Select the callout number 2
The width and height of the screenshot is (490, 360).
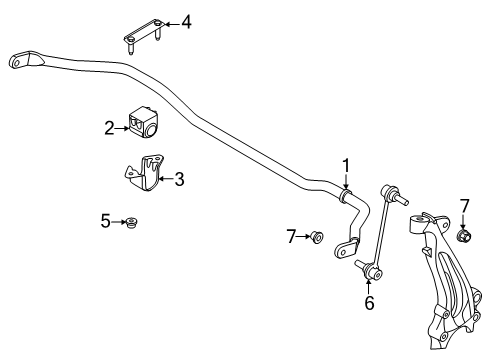pyautogui.click(x=109, y=128)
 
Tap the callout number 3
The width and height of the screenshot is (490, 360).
pyautogui.click(x=179, y=179)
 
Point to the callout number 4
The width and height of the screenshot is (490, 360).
pyautogui.click(x=186, y=23)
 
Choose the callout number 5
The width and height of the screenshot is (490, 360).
pyautogui.click(x=106, y=221)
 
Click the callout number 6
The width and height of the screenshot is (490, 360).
pyautogui.click(x=369, y=303)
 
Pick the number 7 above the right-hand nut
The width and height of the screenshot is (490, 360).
pyautogui.click(x=464, y=206)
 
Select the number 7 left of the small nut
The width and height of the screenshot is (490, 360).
pyautogui.click(x=291, y=237)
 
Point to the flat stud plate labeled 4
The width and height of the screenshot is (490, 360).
pyautogui.click(x=144, y=35)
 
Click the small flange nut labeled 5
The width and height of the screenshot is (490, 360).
pyautogui.click(x=133, y=222)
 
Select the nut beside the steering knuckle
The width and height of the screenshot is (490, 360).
pyautogui.click(x=463, y=235)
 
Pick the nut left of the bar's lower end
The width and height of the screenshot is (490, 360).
pyautogui.click(x=316, y=237)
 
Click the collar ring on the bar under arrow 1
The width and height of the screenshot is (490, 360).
pyautogui.click(x=344, y=195)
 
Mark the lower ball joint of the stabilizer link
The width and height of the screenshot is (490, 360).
pyautogui.click(x=371, y=270)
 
